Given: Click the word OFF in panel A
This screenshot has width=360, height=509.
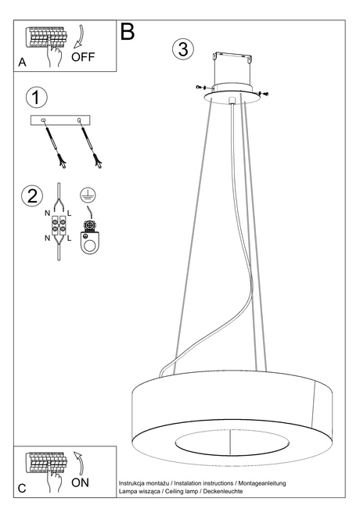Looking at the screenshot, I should click(x=83, y=56).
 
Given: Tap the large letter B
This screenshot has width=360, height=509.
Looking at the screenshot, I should click(x=128, y=32).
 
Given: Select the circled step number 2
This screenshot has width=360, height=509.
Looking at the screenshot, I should click(x=32, y=195).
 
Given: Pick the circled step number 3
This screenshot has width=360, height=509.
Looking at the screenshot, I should click(x=182, y=48).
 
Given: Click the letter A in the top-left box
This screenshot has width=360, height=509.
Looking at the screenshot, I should click(x=21, y=62).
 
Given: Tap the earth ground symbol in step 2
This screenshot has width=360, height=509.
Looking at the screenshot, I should click(x=88, y=196).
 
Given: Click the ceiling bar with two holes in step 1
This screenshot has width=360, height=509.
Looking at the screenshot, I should click(x=60, y=119).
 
